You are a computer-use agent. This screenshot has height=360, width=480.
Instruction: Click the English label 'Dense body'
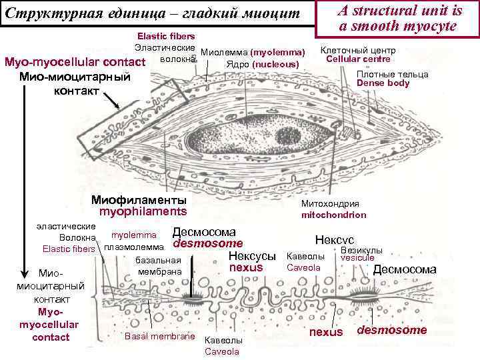coord(383,83)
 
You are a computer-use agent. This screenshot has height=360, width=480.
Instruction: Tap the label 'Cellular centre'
coord(358,59)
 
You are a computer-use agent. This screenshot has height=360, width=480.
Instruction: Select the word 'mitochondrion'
coord(333,215)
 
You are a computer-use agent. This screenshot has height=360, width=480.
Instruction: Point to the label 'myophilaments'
coord(143,211)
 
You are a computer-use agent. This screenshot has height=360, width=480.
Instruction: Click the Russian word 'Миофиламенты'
coord(139,200)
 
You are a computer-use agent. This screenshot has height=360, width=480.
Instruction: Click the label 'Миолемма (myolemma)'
coord(253,52)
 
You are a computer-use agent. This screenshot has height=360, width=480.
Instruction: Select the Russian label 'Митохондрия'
coord(330,204)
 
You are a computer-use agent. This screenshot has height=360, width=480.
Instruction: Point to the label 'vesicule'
coord(357,258)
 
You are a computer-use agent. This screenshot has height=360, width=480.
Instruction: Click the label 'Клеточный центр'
coord(358,51)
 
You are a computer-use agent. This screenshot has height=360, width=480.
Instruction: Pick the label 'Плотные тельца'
coord(392,74)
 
